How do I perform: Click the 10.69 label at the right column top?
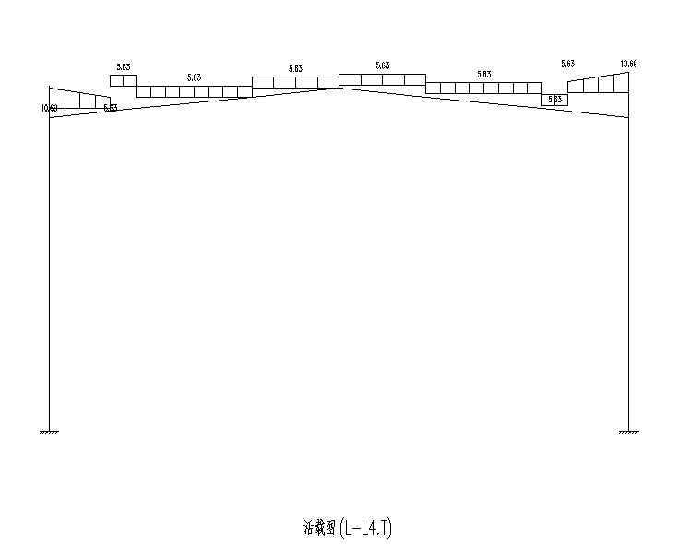[x=628, y=64]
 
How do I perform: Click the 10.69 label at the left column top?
[x=49, y=109]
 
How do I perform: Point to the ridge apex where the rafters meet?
[x=339, y=88]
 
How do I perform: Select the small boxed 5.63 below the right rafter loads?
[x=554, y=100]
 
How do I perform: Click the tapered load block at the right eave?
[x=598, y=85]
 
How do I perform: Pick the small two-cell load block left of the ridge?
[x=123, y=80]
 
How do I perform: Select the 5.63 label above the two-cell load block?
[x=124, y=66]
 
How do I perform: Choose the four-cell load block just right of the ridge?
[x=382, y=79]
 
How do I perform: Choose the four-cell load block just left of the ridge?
[x=295, y=82]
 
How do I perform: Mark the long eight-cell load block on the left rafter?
[x=194, y=91]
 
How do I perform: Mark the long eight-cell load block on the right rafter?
[x=483, y=88]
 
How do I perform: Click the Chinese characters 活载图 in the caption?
[x=319, y=528]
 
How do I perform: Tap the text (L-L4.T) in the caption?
[x=366, y=528]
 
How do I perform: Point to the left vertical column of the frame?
[x=49, y=277]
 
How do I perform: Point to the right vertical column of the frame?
[x=628, y=277]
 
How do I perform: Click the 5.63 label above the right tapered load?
[x=567, y=64]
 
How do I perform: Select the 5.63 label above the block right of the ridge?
[x=382, y=65]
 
